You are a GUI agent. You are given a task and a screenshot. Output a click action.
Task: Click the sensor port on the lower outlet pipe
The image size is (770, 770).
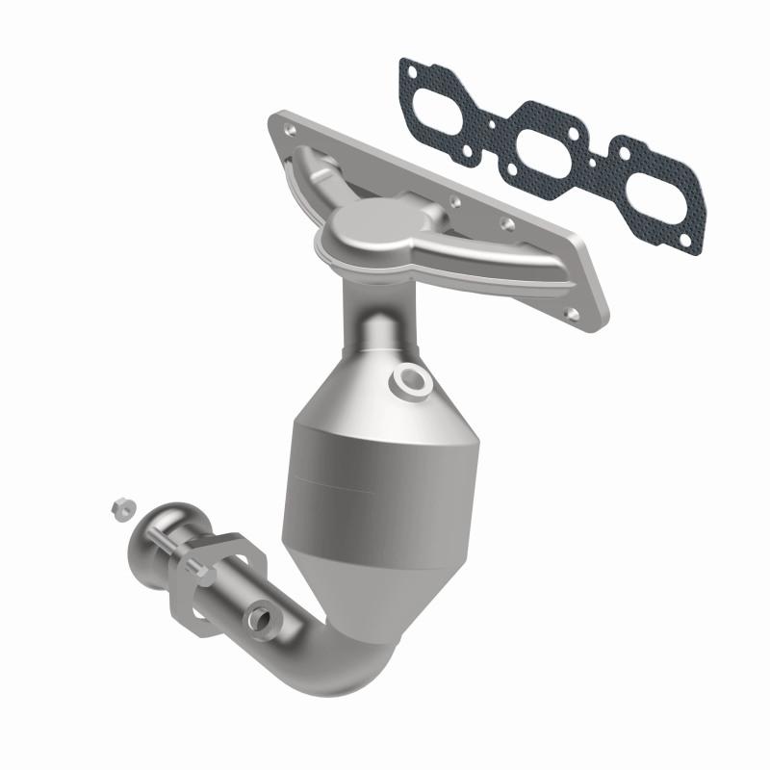261,616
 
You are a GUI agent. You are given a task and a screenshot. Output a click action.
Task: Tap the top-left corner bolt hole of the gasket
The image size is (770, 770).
412,70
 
